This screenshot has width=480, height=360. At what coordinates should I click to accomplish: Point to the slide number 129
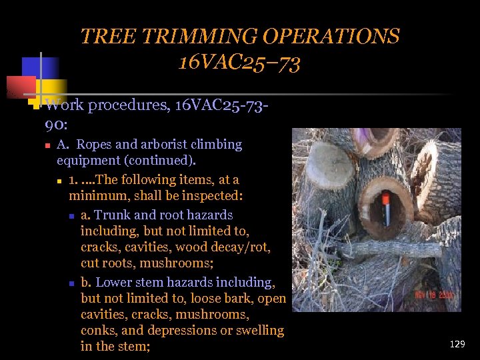457,344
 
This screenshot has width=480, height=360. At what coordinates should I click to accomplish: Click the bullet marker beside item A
47,145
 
